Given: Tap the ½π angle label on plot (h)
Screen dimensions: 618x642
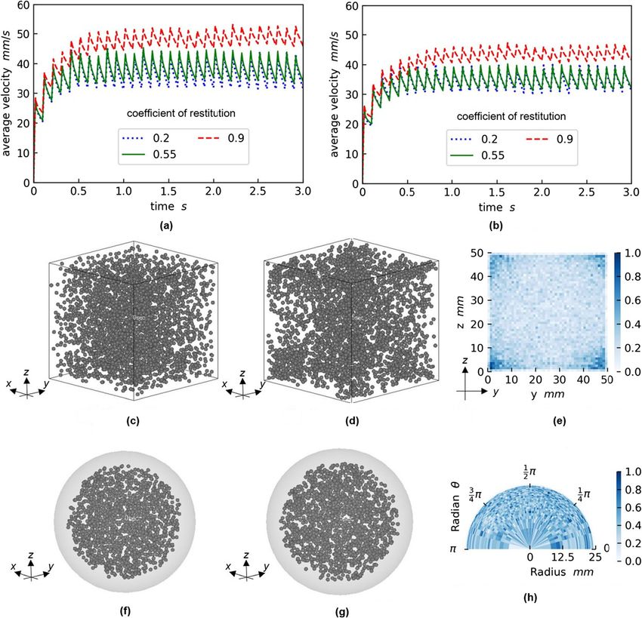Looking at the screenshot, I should [x=530, y=471].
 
